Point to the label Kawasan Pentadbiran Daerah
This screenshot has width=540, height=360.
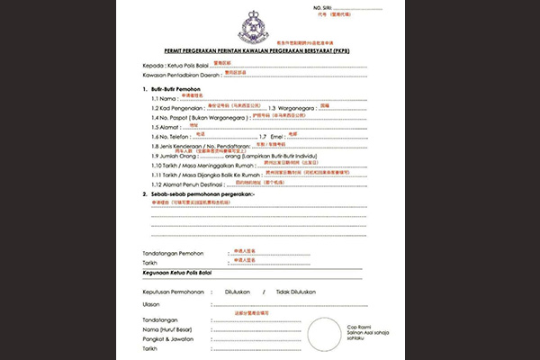[x=180, y=76]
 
